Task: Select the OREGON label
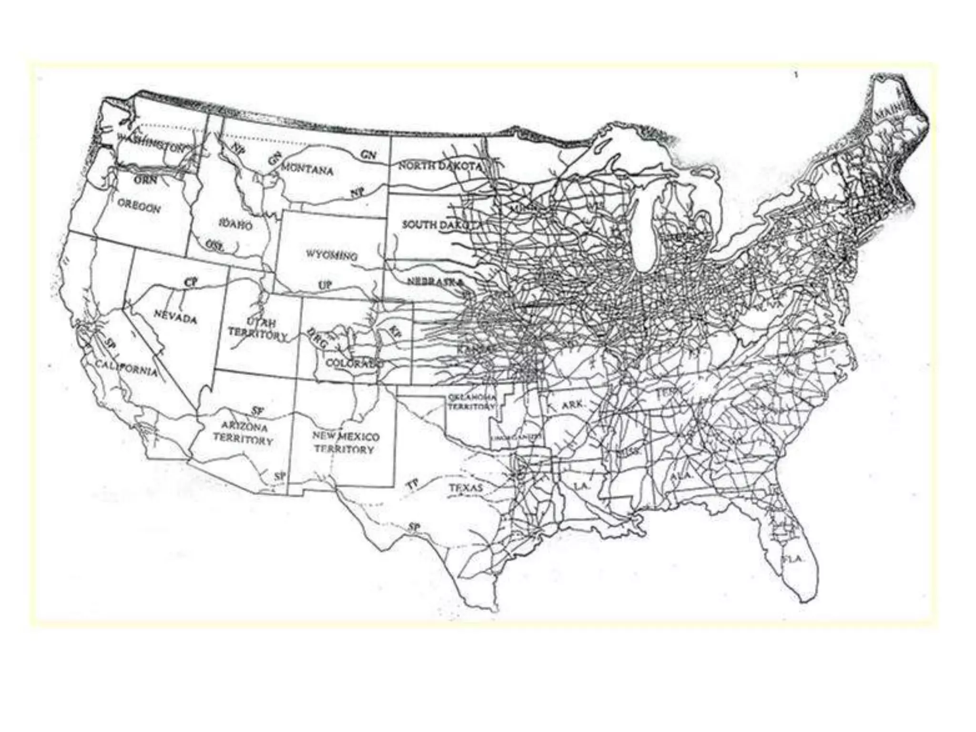point(140,206)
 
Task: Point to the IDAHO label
point(235,224)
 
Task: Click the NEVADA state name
point(175,316)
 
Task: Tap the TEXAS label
point(466,488)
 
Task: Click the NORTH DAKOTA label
point(441,166)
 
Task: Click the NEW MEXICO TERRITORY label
point(346,443)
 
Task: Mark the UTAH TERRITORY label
point(258,328)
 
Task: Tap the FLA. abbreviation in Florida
point(793,559)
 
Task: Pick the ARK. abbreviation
point(572,405)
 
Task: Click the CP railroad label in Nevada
point(191,282)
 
